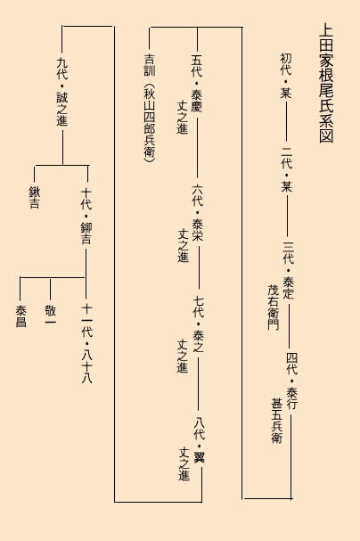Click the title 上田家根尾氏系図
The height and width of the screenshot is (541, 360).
click(x=326, y=83)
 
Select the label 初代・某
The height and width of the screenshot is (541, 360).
click(x=285, y=76)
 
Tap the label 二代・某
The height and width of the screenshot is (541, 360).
click(x=287, y=169)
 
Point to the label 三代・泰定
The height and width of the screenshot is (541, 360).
click(x=289, y=271)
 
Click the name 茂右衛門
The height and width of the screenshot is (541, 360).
click(x=274, y=307)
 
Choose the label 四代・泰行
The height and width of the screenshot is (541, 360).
click(x=291, y=381)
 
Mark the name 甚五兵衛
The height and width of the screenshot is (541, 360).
click(x=276, y=421)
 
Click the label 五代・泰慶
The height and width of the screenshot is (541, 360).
click(x=197, y=84)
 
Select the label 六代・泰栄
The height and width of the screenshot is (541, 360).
click(x=198, y=212)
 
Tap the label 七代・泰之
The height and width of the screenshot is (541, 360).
click(x=199, y=324)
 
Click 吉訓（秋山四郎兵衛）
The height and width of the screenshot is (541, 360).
click(x=150, y=107)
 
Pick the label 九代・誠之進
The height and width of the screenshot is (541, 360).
click(x=62, y=92)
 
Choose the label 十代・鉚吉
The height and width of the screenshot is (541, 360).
click(x=86, y=217)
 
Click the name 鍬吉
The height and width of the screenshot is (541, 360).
click(x=34, y=197)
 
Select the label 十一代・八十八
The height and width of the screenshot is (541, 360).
click(x=87, y=344)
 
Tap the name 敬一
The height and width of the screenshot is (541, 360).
click(x=50, y=316)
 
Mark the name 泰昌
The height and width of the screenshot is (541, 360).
click(x=20, y=316)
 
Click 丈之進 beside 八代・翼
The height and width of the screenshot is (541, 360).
click(x=184, y=463)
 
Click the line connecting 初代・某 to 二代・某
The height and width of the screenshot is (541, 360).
click(x=286, y=122)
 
